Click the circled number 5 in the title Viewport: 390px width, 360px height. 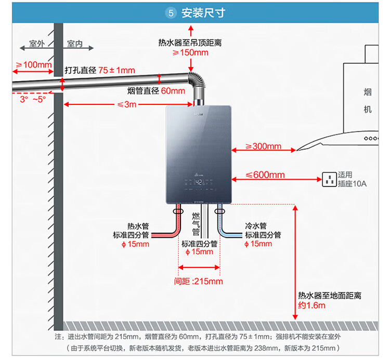coord(171,13)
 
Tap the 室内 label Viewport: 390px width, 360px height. coord(75,44)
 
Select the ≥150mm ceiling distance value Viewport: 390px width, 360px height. coord(190,52)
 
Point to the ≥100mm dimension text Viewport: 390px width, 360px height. coord(33,64)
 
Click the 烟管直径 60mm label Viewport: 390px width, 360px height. coord(156,91)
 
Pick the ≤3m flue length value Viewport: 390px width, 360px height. coord(127,104)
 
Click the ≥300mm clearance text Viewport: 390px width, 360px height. coord(263,146)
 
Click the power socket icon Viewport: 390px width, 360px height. coord(329,179)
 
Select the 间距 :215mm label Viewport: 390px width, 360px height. coord(198,281)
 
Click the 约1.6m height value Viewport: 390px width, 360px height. coord(311,305)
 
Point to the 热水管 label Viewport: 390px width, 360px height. coord(138,226)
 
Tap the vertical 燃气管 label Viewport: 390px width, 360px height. coord(196,224)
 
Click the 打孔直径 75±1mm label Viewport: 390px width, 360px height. coord(100,70)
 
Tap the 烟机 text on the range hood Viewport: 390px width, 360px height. coord(368,101)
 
